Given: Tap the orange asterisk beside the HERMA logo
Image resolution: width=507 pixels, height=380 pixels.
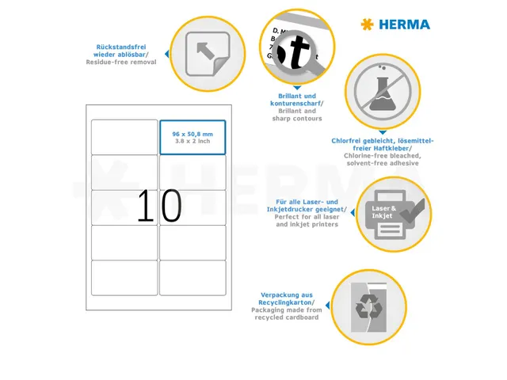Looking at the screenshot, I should click(366, 25).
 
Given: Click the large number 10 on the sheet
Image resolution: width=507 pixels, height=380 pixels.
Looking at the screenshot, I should click(159, 207).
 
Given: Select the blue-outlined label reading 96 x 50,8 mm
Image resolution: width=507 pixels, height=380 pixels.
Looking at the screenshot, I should click(193, 138).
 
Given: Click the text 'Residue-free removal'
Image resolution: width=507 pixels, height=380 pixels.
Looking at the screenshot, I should click(120, 62).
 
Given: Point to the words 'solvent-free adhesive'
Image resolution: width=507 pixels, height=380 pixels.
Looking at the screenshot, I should click(376, 163).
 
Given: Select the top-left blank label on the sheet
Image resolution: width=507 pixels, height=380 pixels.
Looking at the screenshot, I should click(124, 137).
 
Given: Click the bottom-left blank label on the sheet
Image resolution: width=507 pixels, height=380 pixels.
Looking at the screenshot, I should click(124, 278).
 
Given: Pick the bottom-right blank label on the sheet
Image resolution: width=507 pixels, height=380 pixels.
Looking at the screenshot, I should click(193, 278).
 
